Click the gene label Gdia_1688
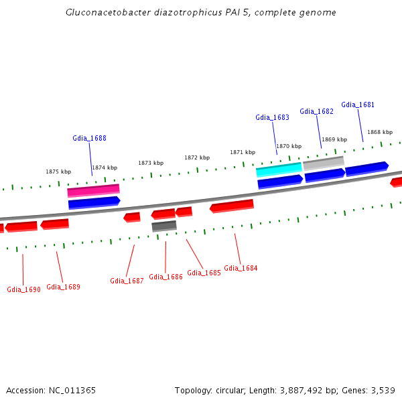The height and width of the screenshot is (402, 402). tap(89, 139)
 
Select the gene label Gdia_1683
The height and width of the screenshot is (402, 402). tap(272, 118)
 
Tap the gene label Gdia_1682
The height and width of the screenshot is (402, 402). tap(316, 112)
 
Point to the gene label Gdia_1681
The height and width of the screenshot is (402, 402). tap(358, 105)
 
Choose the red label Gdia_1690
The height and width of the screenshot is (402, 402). tap(23, 290)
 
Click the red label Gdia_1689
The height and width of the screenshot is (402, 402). tap(63, 287)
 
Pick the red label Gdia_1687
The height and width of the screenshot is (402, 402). tap(127, 281)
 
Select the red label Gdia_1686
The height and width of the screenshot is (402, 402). tap(165, 277)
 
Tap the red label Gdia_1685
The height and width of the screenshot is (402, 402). tap(204, 273)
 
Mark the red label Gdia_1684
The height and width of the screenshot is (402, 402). tap(241, 269)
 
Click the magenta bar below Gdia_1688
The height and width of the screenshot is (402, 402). tap(93, 191)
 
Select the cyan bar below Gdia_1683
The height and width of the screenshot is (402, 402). tap(279, 170)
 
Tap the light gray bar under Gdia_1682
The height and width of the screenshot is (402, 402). tap(324, 162)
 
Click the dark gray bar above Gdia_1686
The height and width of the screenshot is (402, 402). tap(164, 226)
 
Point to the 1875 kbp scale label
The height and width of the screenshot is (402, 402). tap(58, 172)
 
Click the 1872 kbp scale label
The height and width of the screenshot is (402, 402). tap(197, 158)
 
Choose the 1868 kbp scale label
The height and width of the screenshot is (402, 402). tap(379, 133)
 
